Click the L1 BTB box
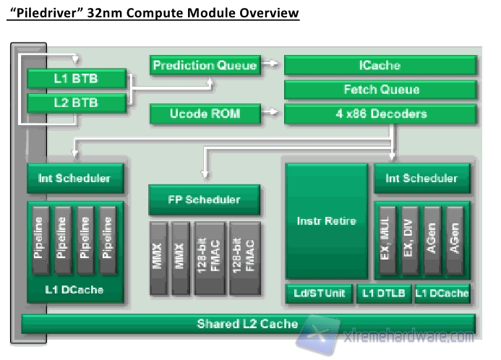click(x=77, y=79)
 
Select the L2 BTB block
click(x=77, y=103)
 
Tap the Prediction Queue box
click(x=205, y=65)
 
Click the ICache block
click(x=380, y=65)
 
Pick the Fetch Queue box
click(x=380, y=90)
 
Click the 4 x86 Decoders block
click(x=380, y=113)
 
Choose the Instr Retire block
click(x=327, y=220)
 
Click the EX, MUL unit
click(x=387, y=242)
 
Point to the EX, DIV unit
click(x=409, y=242)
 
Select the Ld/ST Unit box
click(x=319, y=293)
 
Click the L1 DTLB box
click(x=382, y=293)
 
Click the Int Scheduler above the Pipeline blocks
click(x=75, y=178)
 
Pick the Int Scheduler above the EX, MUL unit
click(x=421, y=178)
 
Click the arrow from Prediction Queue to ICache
click(x=270, y=64)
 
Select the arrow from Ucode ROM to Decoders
click(x=270, y=113)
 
